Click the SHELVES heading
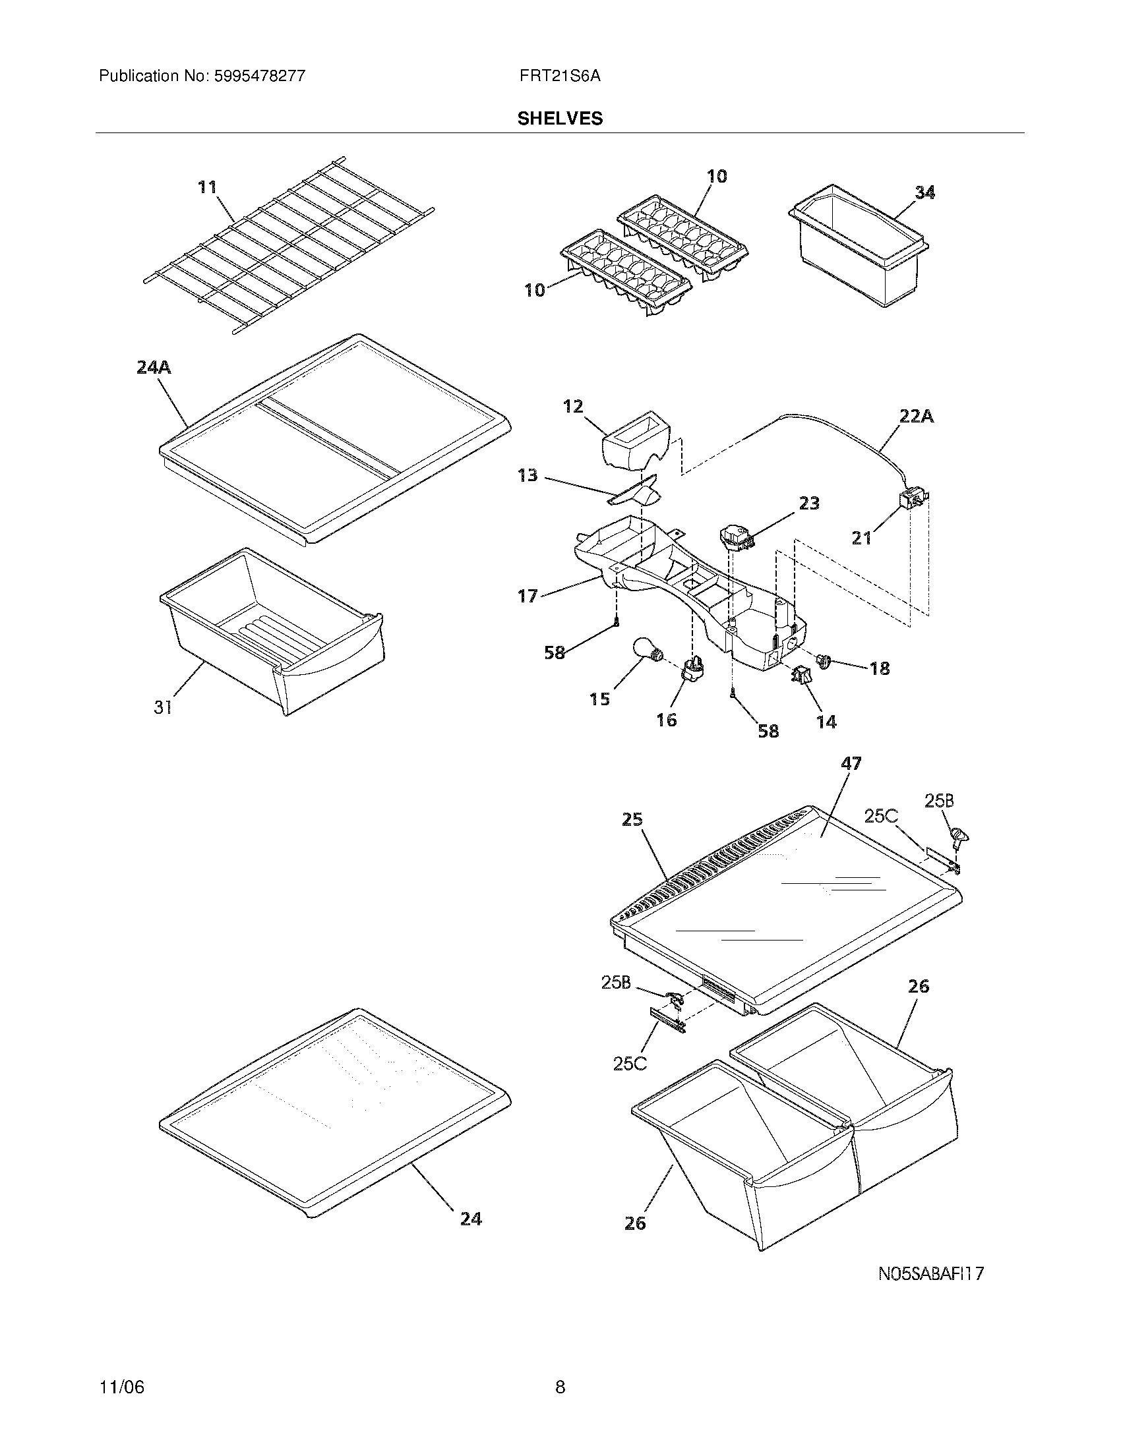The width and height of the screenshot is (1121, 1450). click(x=560, y=119)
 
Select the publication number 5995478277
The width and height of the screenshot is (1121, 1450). click(x=258, y=76)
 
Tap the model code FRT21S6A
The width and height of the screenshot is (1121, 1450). click(x=560, y=76)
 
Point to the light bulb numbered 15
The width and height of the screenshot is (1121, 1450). click(x=646, y=650)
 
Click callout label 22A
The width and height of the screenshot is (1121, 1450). click(x=916, y=417)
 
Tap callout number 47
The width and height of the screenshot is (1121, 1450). click(x=851, y=764)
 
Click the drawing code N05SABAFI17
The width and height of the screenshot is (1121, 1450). click(x=930, y=1273)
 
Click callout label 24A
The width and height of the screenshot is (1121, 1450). click(x=154, y=367)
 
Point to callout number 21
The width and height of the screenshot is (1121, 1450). click(x=861, y=538)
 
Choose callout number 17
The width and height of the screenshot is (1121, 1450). click(x=528, y=596)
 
